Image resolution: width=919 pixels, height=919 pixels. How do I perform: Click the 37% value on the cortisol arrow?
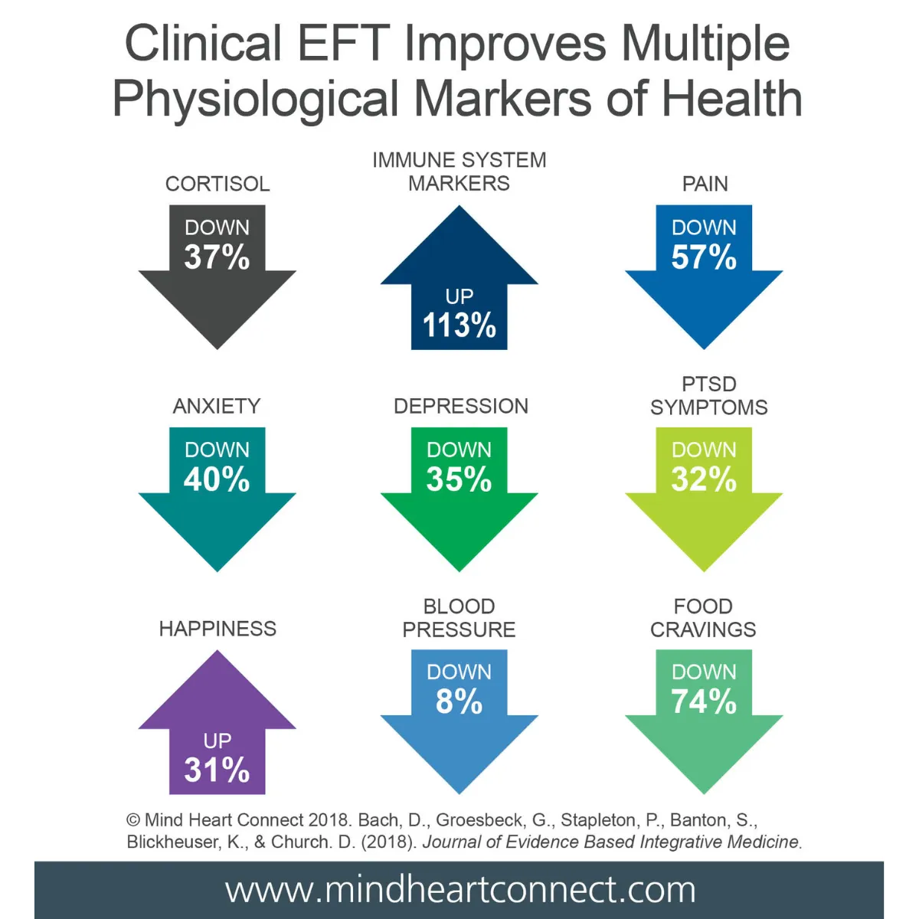(217, 257)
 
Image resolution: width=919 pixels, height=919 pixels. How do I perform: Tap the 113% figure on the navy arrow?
(459, 325)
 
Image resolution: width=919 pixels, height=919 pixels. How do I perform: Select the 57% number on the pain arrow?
(704, 257)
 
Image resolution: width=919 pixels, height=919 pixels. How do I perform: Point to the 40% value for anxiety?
(217, 479)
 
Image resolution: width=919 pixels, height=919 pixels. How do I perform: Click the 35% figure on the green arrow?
(459, 479)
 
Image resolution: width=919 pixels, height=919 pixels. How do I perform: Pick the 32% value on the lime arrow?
(704, 479)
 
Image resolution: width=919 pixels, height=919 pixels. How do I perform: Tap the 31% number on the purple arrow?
(217, 770)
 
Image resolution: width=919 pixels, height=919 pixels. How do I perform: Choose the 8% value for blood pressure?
(459, 702)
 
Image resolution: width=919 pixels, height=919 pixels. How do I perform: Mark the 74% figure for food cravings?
(704, 702)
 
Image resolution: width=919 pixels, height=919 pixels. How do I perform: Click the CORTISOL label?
(217, 184)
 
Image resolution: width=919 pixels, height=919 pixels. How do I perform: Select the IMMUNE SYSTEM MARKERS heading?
(459, 172)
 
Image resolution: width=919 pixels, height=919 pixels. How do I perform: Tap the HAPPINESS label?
(217, 629)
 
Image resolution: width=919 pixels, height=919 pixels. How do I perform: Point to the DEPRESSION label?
(461, 406)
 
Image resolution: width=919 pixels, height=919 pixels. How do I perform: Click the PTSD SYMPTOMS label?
(709, 395)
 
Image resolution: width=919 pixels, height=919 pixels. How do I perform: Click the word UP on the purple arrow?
(217, 741)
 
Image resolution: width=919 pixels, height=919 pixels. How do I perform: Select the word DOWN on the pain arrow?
(704, 227)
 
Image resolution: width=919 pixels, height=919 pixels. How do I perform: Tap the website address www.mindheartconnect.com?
(460, 890)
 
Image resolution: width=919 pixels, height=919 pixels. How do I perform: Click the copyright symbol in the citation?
(133, 820)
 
